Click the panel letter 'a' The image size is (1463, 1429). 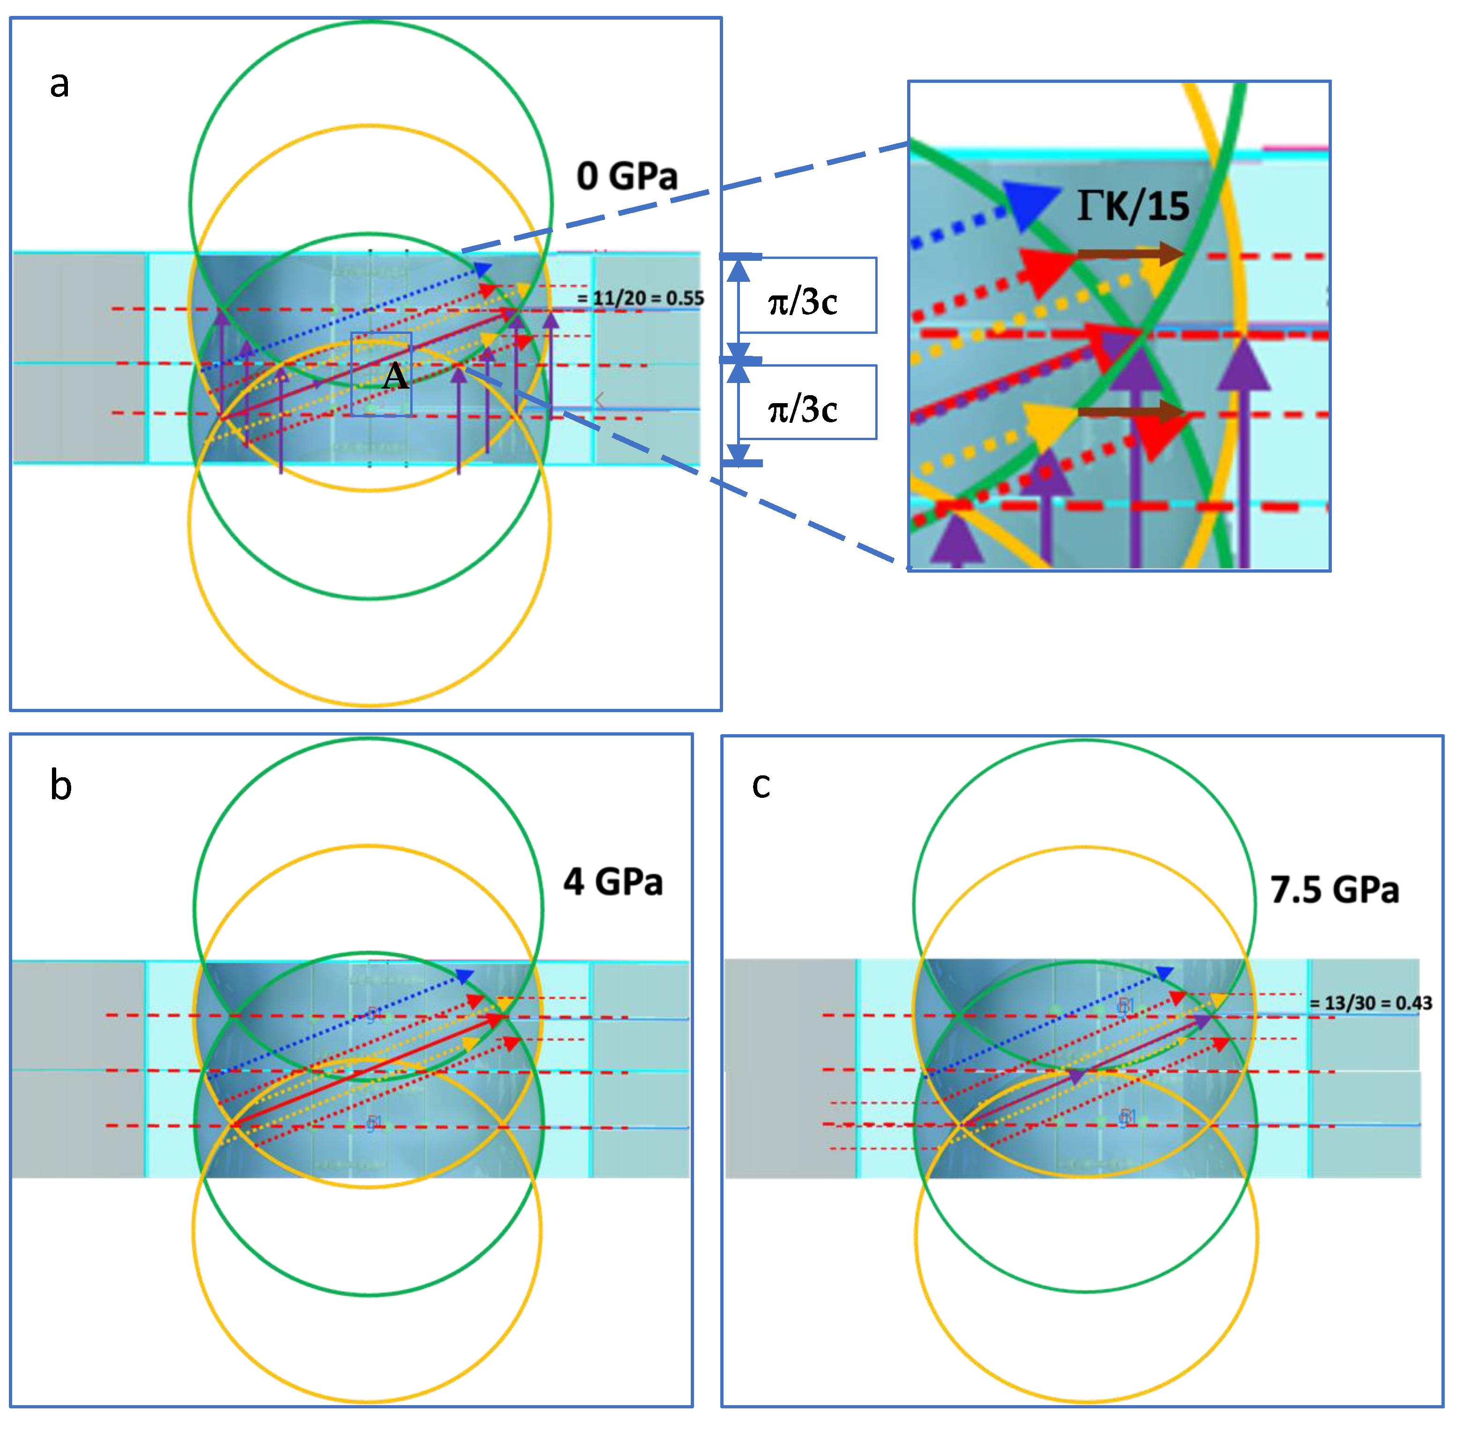pyautogui.click(x=59, y=84)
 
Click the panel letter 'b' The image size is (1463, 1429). pyautogui.click(x=61, y=785)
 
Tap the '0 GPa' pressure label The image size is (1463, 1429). pyautogui.click(x=627, y=177)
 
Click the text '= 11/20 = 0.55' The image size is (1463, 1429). pyautogui.click(x=640, y=298)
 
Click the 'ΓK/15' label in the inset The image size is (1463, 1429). pyautogui.click(x=1133, y=206)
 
